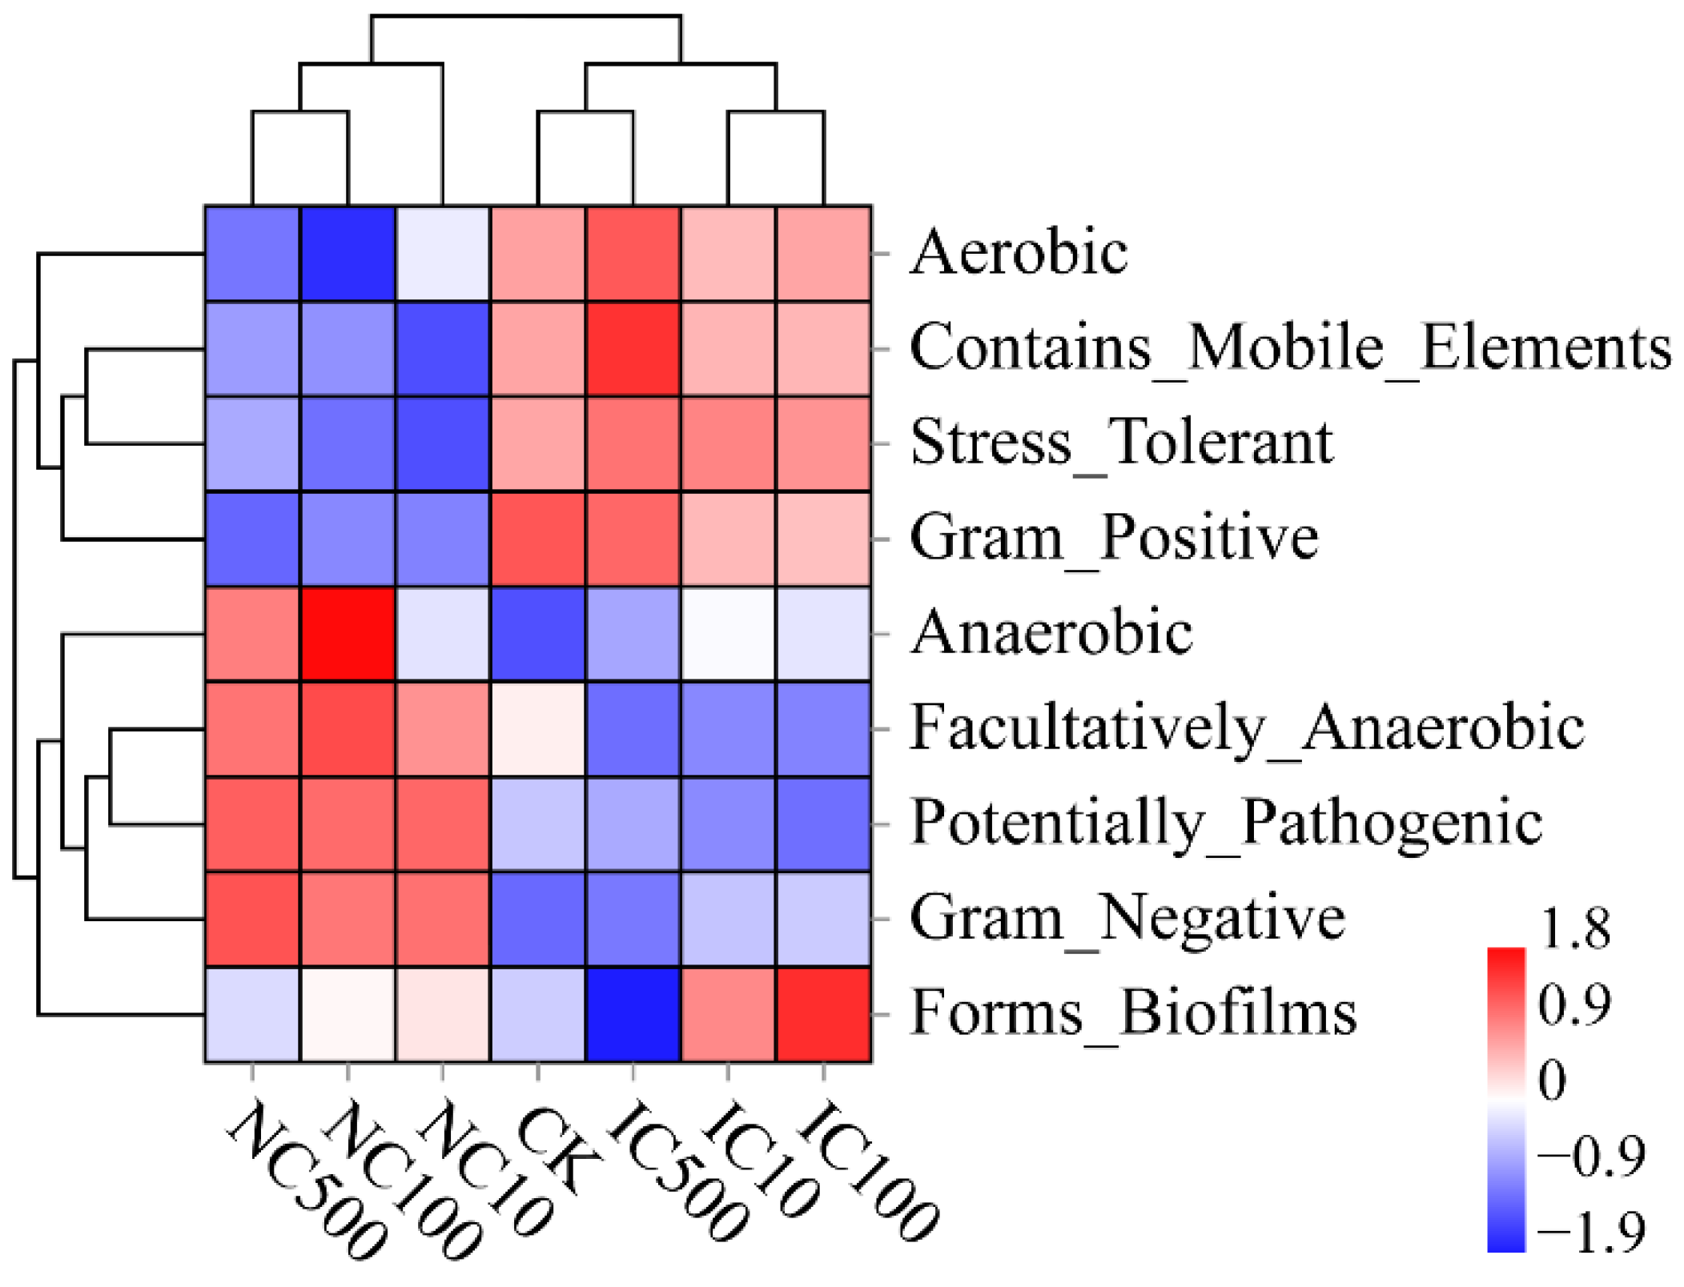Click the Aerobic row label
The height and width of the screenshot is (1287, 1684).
coord(1019,253)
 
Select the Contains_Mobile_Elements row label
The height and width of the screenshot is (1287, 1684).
coord(1290,348)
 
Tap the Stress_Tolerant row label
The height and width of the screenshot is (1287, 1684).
coord(1121,443)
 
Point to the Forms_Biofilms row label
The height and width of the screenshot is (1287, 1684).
coord(1133,1013)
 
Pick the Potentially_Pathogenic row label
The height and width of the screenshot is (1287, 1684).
coord(1226,823)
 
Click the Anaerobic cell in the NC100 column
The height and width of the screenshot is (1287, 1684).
coord(348,634)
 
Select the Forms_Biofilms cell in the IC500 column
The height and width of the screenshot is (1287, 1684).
coord(633,1014)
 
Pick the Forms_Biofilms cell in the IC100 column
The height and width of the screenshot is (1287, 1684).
coord(824,1014)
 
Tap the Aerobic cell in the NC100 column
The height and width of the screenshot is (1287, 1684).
coord(348,254)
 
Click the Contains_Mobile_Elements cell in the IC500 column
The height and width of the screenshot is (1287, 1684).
coord(633,349)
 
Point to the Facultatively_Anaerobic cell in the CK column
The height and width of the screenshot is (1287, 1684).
coord(538,729)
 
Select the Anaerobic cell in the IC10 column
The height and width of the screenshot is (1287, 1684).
coord(729,634)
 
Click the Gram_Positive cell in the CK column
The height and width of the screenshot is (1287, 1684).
coord(538,539)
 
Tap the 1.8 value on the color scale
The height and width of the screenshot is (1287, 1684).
coord(1574,929)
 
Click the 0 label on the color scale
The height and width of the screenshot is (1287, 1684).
coord(1552,1080)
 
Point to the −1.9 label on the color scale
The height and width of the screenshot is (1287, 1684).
coord(1590,1232)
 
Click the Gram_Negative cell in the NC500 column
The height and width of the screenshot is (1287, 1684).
coord(253,919)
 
